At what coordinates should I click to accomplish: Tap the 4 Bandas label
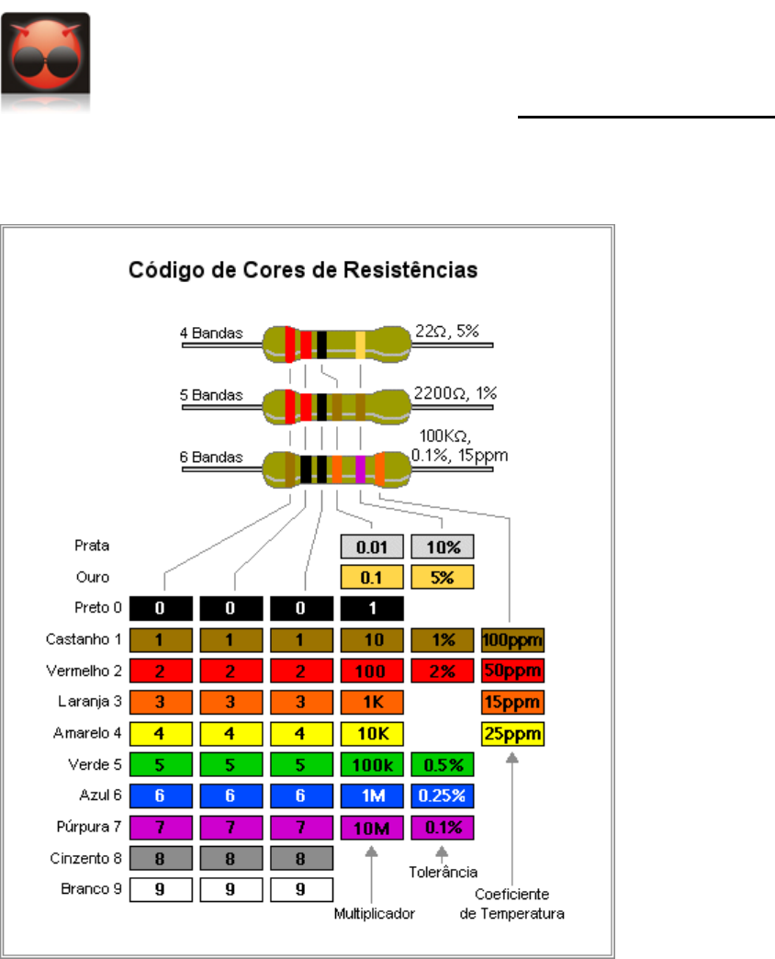point(211,333)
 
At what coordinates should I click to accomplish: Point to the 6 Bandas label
point(211,457)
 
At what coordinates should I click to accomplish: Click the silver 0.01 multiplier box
point(371,547)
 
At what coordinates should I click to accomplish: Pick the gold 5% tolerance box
point(442,577)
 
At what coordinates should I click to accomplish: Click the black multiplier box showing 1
point(371,608)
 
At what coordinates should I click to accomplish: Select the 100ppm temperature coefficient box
point(512,639)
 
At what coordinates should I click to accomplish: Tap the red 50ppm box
point(512,671)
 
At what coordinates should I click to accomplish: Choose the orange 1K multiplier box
point(371,703)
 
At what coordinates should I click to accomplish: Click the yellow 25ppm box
point(512,734)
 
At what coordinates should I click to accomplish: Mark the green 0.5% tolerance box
point(442,765)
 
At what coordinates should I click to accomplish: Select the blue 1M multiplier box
point(371,796)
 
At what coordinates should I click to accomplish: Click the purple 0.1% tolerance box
point(442,828)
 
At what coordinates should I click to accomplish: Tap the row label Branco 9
point(83,890)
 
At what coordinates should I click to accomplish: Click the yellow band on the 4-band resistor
point(360,344)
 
